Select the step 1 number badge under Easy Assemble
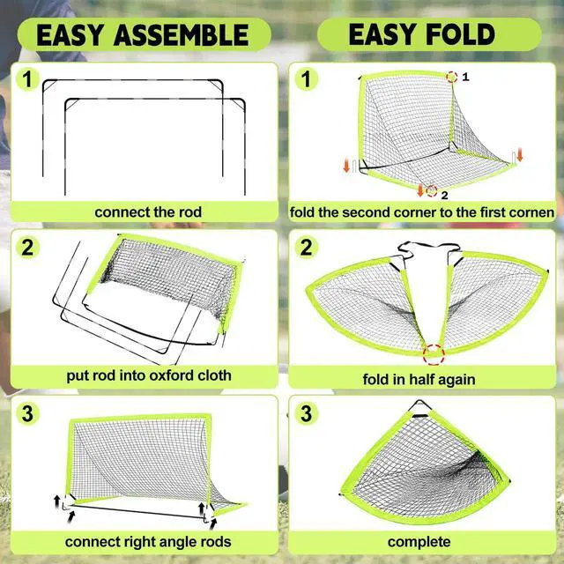click(27, 80)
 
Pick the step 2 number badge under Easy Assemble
click(27, 248)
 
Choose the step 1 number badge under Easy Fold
click(306, 80)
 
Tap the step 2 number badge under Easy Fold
click(306, 248)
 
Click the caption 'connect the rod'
click(148, 212)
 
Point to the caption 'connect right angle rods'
click(148, 541)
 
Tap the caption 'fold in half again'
click(419, 380)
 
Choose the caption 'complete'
click(419, 541)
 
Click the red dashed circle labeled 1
click(451, 77)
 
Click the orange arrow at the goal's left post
click(347, 165)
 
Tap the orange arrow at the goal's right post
click(520, 155)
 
